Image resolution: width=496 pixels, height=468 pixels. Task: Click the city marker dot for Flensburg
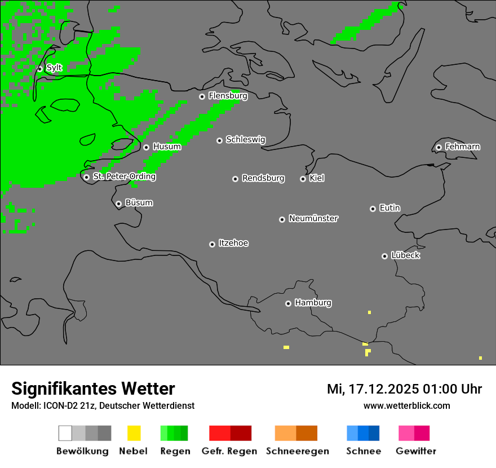tap(202, 96)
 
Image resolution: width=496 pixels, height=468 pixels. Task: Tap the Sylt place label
tap(54, 68)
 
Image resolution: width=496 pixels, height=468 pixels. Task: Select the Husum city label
tap(167, 147)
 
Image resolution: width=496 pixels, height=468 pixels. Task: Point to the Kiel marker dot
tap(303, 179)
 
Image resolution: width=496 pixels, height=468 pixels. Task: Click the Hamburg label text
tap(313, 303)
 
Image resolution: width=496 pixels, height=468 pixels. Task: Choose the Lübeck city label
tap(405, 255)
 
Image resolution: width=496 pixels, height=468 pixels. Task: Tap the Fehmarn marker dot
tap(439, 148)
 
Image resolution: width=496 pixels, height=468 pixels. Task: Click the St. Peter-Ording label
tap(124, 176)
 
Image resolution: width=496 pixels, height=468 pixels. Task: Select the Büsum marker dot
tap(118, 204)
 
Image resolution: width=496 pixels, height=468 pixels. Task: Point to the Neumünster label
tap(313, 218)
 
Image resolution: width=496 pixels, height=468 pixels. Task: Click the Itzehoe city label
tap(233, 243)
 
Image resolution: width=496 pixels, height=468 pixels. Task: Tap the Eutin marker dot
tap(373, 209)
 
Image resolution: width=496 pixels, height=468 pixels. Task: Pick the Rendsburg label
tap(263, 178)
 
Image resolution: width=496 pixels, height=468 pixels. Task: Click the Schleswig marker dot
tap(219, 140)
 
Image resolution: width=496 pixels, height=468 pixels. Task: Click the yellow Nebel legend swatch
tap(134, 433)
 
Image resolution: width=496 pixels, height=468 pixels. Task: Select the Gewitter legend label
tap(416, 451)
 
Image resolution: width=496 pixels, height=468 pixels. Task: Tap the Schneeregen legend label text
tap(298, 451)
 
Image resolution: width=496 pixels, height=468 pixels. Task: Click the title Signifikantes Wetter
tap(93, 388)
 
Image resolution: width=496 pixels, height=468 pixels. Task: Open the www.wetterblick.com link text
tap(406, 405)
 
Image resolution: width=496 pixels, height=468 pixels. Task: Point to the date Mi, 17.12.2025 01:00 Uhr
tap(404, 389)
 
